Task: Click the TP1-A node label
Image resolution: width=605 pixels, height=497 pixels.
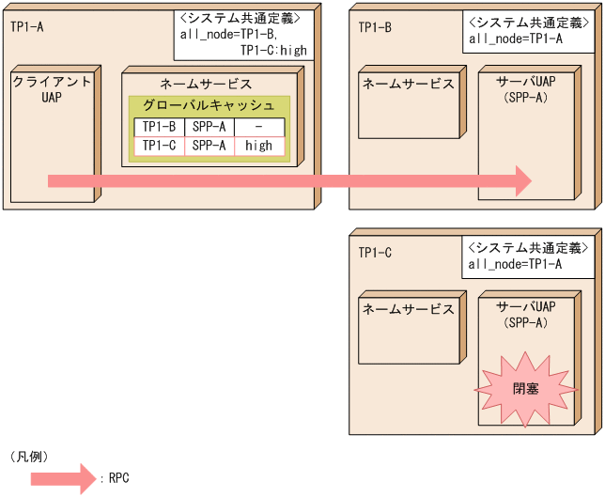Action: click(27, 26)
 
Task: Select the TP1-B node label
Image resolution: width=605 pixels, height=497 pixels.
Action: click(375, 26)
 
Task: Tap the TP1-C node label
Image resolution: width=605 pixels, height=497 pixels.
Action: click(375, 252)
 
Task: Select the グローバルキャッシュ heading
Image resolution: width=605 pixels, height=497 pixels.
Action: click(209, 105)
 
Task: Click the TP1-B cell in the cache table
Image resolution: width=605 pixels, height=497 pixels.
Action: click(159, 127)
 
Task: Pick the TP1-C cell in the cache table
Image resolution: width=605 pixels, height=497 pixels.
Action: click(159, 146)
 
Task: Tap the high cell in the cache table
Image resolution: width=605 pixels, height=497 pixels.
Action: click(258, 146)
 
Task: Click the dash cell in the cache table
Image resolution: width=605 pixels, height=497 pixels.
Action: click(258, 127)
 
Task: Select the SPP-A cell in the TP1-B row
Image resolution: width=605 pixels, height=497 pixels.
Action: click(209, 127)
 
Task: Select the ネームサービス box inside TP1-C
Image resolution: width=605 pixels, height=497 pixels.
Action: click(409, 329)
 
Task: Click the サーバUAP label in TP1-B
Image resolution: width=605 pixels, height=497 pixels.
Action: click(525, 83)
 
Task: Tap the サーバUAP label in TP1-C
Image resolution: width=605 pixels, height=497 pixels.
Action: click(525, 307)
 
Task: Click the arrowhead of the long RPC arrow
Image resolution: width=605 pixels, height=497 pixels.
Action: click(522, 180)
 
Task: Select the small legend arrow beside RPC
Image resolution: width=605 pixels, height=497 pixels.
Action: click(62, 478)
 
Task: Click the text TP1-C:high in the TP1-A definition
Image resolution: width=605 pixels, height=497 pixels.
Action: click(272, 50)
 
